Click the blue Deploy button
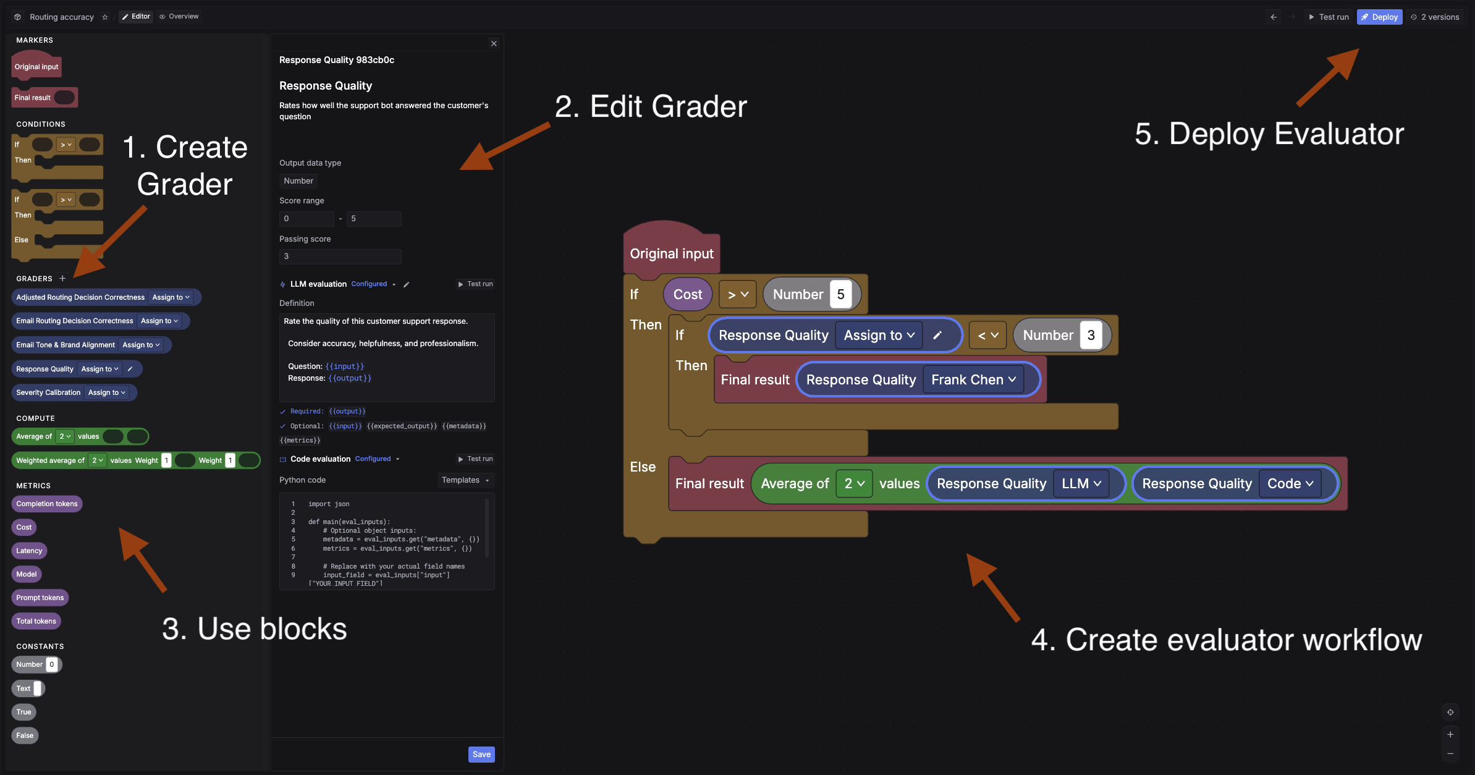[1379, 17]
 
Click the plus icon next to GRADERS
[62, 279]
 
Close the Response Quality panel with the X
[493, 43]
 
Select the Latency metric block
[29, 551]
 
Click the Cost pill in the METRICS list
[23, 527]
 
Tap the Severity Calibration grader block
[48, 392]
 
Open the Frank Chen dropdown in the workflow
[973, 379]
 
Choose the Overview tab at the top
[179, 17]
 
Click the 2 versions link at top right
[1435, 17]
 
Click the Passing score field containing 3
[340, 256]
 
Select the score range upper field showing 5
[373, 219]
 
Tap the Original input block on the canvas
[671, 253]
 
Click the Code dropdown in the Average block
[1290, 483]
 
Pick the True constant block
[23, 712]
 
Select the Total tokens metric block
[36, 621]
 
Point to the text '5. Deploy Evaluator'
[1269, 134]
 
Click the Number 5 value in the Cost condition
[840, 295]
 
